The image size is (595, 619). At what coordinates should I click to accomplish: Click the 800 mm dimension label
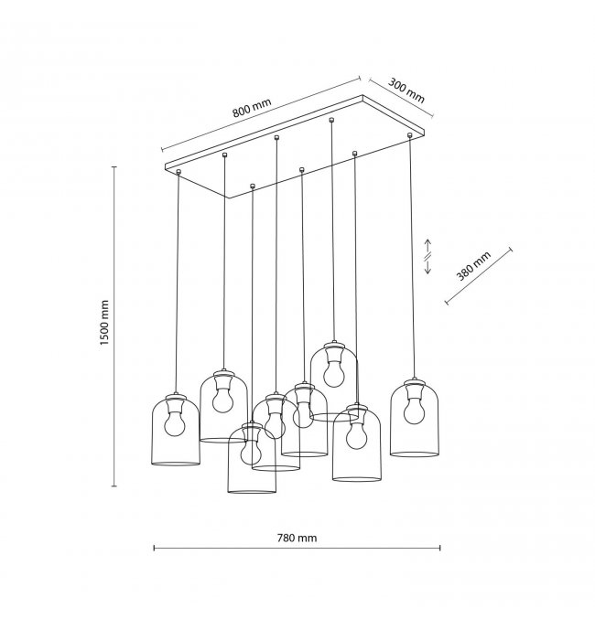tap(252, 107)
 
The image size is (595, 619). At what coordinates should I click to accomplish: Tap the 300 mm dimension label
tap(406, 91)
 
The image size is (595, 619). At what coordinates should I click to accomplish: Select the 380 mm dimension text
tap(473, 266)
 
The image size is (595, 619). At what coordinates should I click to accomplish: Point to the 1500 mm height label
tap(104, 323)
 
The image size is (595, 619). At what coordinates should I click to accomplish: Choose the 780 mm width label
tap(297, 538)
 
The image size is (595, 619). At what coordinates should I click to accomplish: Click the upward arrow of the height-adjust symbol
tap(427, 246)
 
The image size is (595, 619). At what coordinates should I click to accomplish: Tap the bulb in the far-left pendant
tap(175, 424)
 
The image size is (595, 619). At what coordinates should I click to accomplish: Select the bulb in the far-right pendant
tap(414, 411)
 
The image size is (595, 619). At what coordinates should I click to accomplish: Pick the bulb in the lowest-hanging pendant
tap(251, 452)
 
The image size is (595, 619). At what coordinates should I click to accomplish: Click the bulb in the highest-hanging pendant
tap(334, 373)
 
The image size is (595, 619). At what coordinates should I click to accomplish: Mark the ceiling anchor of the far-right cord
tap(409, 135)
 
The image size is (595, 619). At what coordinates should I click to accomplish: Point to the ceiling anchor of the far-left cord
tap(178, 172)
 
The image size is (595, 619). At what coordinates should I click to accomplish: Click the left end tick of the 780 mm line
tap(154, 548)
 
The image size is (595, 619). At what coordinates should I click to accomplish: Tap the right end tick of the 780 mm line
tap(440, 548)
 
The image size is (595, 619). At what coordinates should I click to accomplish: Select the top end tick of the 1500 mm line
tap(114, 167)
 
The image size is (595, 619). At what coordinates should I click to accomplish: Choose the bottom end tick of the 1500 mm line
tap(114, 486)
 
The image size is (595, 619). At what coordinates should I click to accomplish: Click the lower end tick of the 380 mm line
tap(447, 303)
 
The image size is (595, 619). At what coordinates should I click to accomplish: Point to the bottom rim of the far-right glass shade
tap(415, 454)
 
